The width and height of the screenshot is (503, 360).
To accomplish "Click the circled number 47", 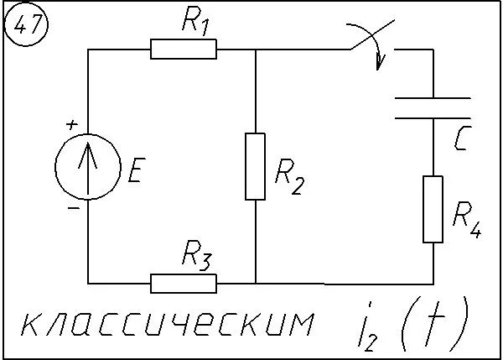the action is click(26, 24).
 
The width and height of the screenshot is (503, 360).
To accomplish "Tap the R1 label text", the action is click(195, 21).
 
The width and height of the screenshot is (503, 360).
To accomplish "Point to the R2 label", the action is click(288, 176).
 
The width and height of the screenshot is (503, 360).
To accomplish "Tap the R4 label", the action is click(467, 220).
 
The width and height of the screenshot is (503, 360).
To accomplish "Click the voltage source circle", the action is click(55, 167).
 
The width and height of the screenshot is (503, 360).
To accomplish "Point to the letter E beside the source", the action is click(137, 170).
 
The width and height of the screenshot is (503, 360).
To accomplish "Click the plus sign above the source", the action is click(72, 124).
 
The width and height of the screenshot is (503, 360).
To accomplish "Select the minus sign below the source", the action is click(74, 208).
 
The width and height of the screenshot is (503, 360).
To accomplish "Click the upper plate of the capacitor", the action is click(433, 98).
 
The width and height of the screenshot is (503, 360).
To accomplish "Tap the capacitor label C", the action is click(463, 138).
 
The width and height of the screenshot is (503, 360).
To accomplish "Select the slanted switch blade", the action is click(372, 35).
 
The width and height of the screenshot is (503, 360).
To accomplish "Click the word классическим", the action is click(168, 324).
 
